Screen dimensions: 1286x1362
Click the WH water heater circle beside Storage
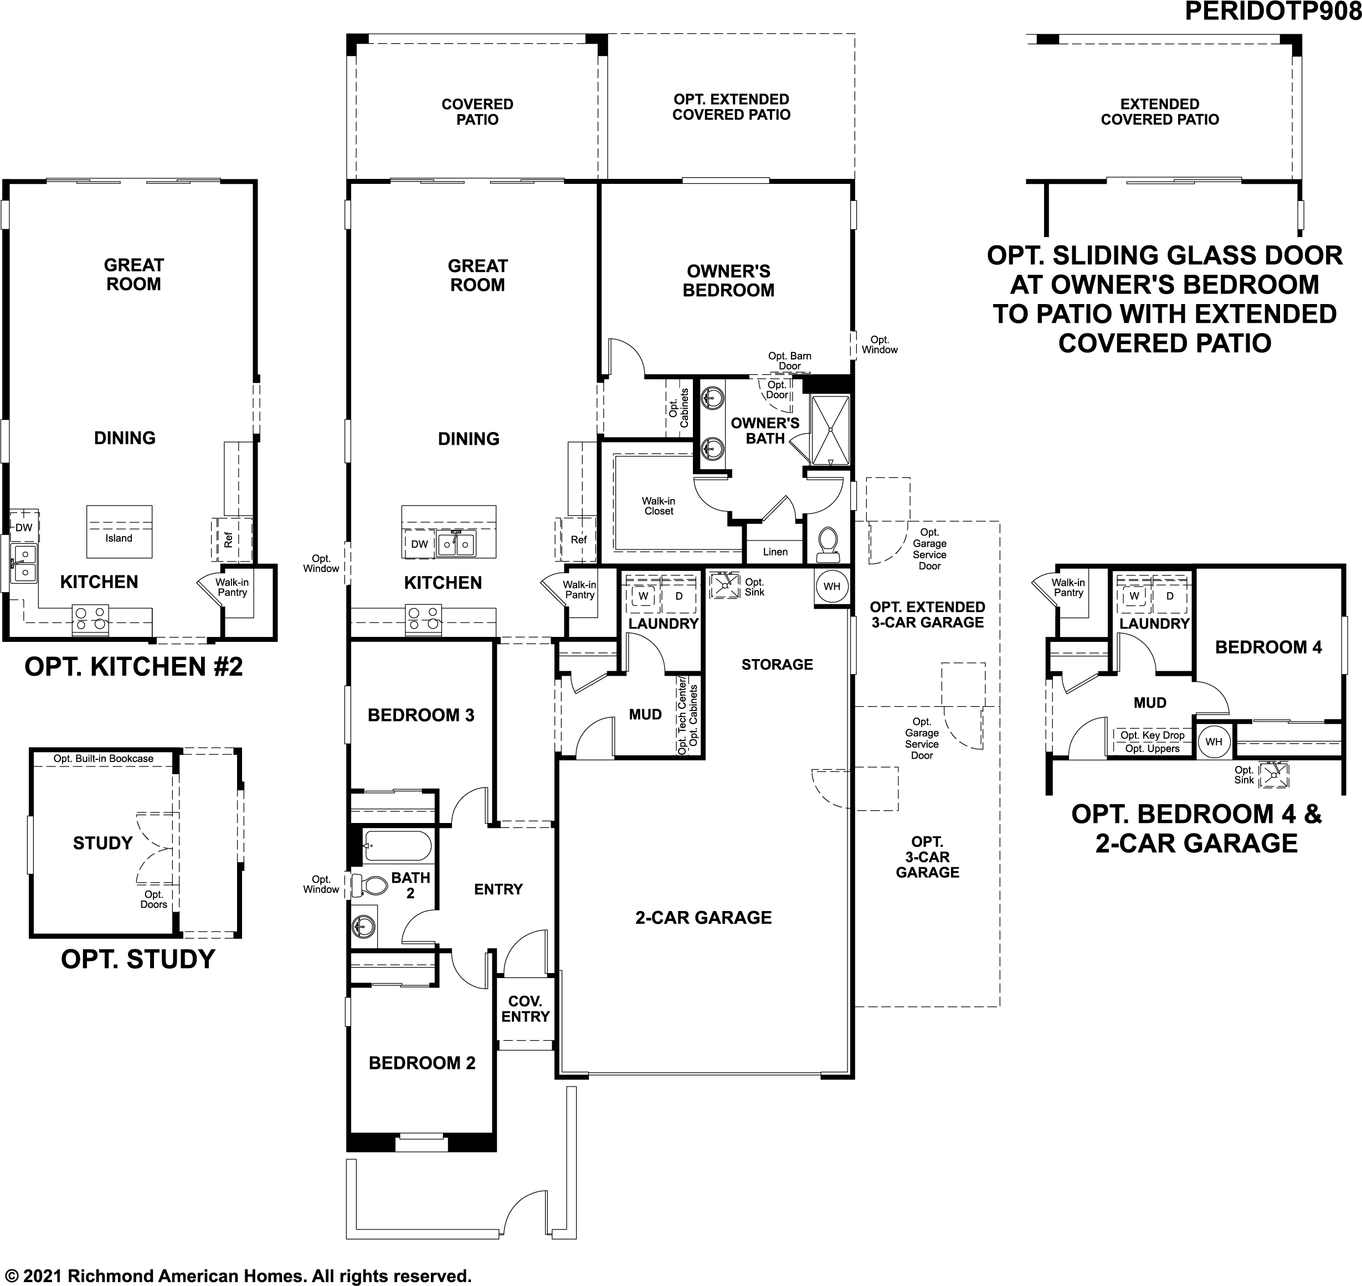pos(831,586)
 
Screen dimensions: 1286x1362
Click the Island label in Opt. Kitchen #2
pos(119,538)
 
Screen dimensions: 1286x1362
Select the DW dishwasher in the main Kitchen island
pos(419,544)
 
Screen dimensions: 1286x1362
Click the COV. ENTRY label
pos(525,1009)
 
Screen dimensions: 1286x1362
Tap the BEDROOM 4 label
pos(1268,647)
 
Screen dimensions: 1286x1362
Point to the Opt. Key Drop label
pos(1152,735)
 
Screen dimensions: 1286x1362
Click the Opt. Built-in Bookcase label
pos(104,759)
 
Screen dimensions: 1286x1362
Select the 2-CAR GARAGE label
pos(703,917)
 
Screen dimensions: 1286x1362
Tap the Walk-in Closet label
pos(658,506)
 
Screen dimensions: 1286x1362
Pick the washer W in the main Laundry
pos(643,596)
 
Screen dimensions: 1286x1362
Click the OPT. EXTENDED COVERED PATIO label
pos(731,107)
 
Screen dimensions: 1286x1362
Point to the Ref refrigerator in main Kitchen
pos(578,539)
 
